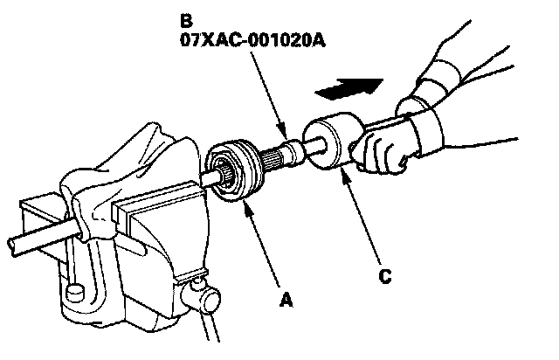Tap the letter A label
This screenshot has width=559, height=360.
pos(282,300)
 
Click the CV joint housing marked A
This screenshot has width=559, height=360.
pos(231,170)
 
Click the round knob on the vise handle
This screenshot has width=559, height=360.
pos(207,301)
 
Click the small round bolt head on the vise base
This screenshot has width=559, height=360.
pos(72,291)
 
